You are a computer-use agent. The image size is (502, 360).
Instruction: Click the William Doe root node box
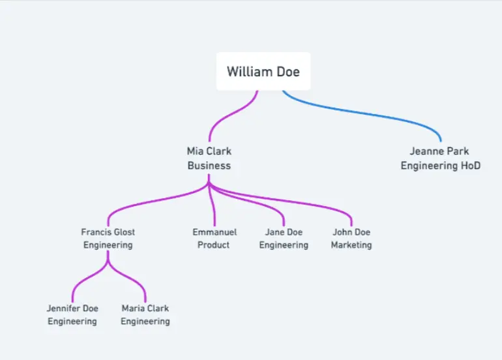tap(263, 72)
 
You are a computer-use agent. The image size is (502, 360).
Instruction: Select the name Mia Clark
tap(209, 151)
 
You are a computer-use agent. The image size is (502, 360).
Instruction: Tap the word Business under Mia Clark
tap(209, 166)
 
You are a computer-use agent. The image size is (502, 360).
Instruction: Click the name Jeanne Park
tap(439, 151)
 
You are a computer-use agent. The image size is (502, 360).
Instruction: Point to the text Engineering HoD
tap(440, 166)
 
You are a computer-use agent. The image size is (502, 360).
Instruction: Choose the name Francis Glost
tap(108, 232)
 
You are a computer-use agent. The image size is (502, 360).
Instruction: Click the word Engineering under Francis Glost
tap(108, 245)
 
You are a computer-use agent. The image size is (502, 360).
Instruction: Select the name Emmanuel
tap(214, 232)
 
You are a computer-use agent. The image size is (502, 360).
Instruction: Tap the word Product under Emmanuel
tap(214, 245)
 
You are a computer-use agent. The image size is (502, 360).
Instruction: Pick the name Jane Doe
tap(284, 232)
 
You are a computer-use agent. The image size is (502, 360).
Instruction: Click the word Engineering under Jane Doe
tap(284, 245)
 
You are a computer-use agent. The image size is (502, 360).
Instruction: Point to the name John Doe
tap(351, 232)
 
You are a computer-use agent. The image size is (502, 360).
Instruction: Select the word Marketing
tap(351, 245)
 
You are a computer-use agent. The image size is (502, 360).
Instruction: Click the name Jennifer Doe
tap(72, 308)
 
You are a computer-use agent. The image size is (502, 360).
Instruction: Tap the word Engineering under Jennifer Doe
tap(72, 322)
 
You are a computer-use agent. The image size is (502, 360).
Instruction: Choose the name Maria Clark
tap(145, 308)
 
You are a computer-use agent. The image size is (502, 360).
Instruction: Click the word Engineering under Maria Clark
tap(145, 322)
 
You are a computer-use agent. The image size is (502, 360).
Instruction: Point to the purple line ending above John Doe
tap(326, 206)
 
